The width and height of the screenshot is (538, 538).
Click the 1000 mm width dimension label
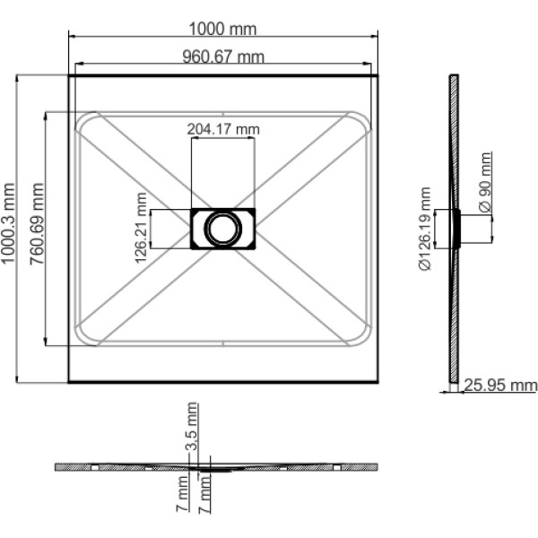tap(223, 29)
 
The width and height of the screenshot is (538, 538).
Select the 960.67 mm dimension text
tap(223, 57)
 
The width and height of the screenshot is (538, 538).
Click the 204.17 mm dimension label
tap(223, 129)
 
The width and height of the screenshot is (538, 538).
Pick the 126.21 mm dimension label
tap(140, 229)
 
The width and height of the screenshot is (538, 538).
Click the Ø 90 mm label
tap(485, 184)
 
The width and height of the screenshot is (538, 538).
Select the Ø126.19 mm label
tap(425, 229)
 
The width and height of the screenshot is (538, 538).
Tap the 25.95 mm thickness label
tap(501, 386)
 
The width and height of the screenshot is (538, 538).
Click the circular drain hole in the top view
tap(222, 229)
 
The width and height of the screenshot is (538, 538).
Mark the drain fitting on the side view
tap(459, 229)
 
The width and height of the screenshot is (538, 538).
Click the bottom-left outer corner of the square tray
tap(70, 381)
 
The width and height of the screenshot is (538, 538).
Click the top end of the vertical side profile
tap(453, 76)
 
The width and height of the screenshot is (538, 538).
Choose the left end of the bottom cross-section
tap(56, 467)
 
